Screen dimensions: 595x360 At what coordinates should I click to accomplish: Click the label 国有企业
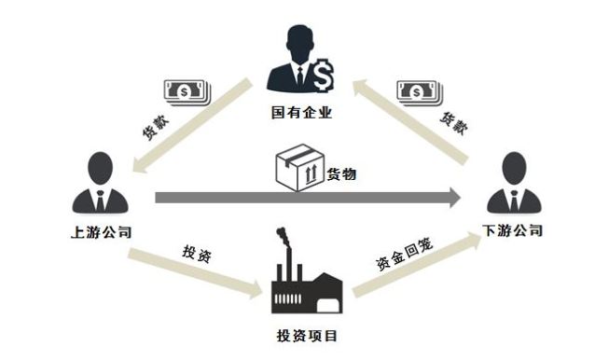pyautogui.click(x=302, y=113)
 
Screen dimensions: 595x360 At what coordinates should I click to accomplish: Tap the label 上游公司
pyautogui.click(x=101, y=232)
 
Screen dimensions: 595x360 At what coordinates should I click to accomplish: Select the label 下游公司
pyautogui.click(x=512, y=230)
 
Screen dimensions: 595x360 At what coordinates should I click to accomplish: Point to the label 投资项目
pyautogui.click(x=307, y=336)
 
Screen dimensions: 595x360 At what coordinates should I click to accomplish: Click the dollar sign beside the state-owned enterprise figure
pyautogui.click(x=324, y=76)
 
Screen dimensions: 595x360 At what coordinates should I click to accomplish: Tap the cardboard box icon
pyautogui.click(x=300, y=167)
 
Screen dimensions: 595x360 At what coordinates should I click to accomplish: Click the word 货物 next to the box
pyautogui.click(x=341, y=174)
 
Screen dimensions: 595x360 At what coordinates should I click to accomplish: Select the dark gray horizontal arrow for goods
pyautogui.click(x=308, y=198)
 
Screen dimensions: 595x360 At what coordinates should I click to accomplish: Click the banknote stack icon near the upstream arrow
pyautogui.click(x=187, y=92)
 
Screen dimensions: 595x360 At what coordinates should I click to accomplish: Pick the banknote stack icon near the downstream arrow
pyautogui.click(x=420, y=93)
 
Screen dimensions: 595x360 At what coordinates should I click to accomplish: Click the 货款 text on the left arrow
pyautogui.click(x=155, y=128)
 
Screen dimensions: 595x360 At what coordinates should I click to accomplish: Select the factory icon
pyautogui.click(x=307, y=280)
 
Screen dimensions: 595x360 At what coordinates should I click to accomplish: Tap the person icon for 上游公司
pyautogui.click(x=100, y=183)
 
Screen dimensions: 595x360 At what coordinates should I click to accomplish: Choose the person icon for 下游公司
pyautogui.click(x=514, y=183)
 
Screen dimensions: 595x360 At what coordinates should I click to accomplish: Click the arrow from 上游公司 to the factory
pyautogui.click(x=196, y=273)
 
